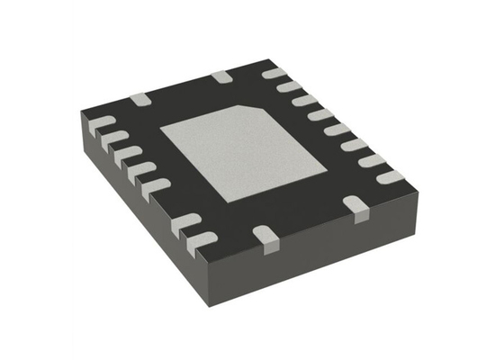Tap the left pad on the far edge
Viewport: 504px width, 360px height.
pyautogui.click(x=139, y=98)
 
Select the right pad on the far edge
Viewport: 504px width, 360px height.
pyautogui.click(x=221, y=77)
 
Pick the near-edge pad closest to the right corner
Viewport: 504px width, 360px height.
pyautogui.click(x=358, y=210)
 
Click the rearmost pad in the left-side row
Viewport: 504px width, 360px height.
pyautogui.click(x=101, y=123)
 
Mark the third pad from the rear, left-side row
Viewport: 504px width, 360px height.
pyautogui.click(x=127, y=154)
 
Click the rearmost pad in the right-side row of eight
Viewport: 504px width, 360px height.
pyautogui.click(x=274, y=73)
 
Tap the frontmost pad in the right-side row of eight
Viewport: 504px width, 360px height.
pyautogui.click(x=390, y=177)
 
